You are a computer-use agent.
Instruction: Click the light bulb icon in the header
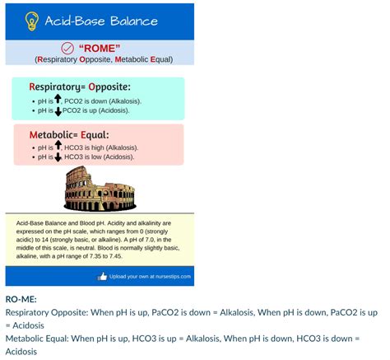coord(33,21)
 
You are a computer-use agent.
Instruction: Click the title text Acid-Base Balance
coord(101,21)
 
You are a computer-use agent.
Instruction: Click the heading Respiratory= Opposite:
coord(80,86)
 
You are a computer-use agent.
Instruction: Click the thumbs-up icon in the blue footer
coord(102,276)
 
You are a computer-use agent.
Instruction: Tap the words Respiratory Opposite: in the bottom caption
coord(48,313)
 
